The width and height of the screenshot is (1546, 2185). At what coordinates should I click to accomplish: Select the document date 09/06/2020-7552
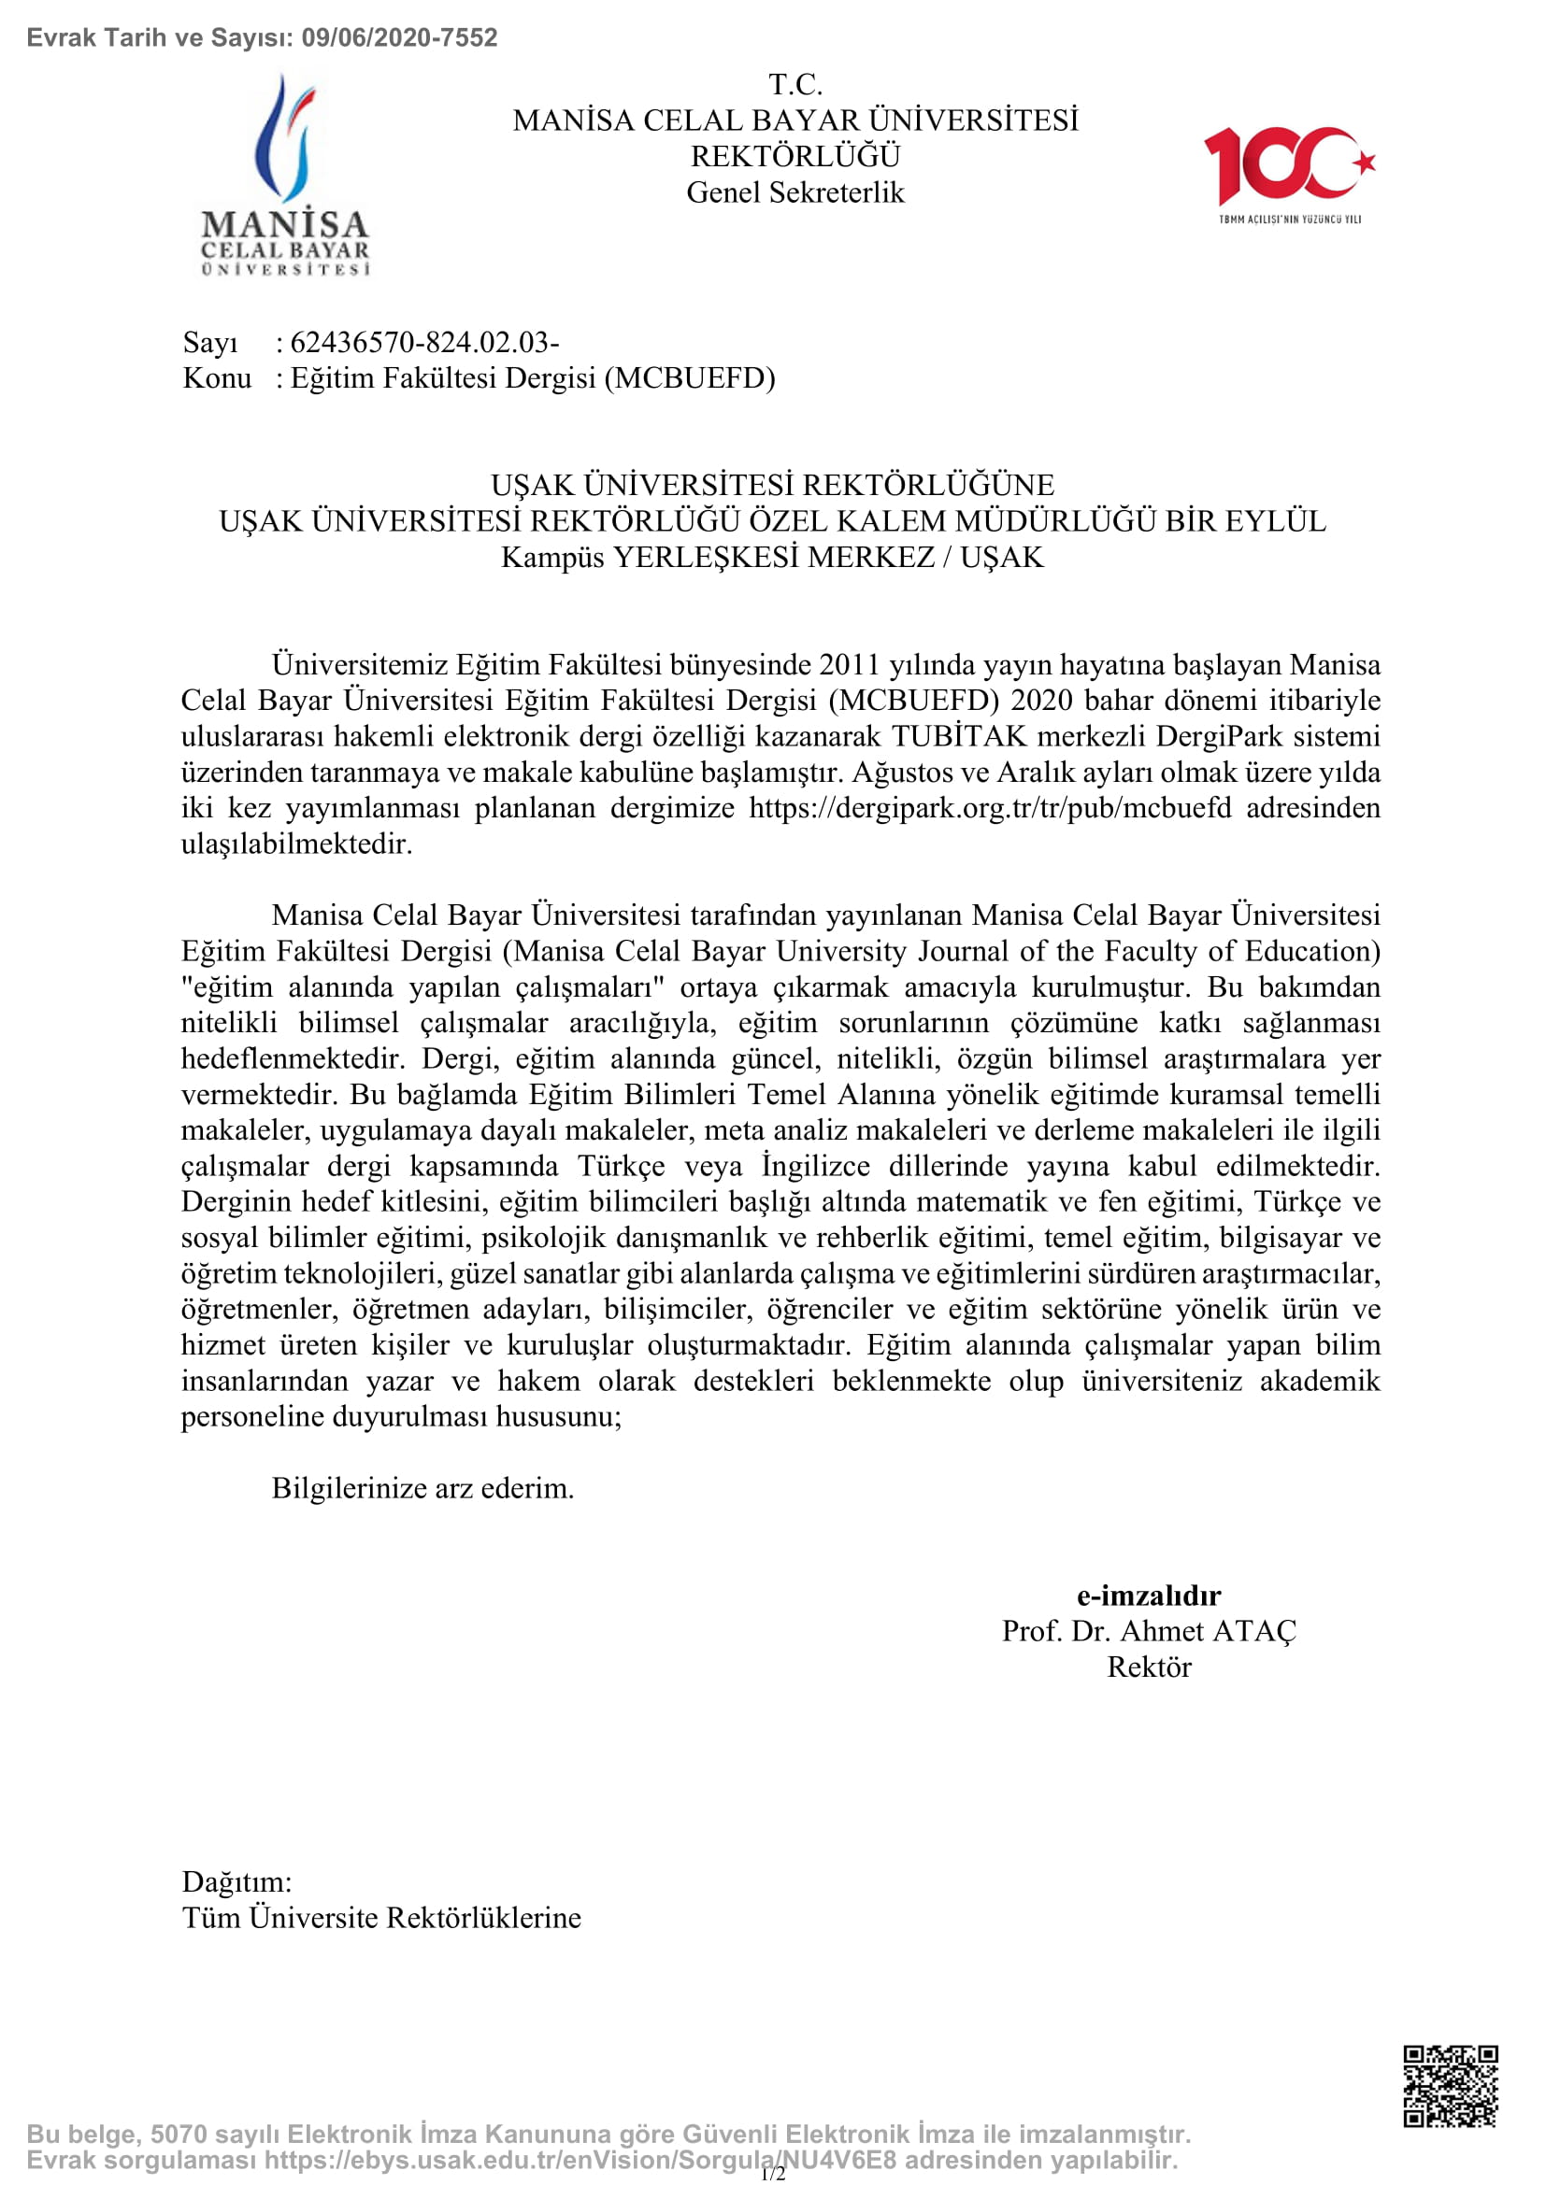click(399, 38)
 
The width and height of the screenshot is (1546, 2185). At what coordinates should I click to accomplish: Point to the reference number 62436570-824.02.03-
click(424, 342)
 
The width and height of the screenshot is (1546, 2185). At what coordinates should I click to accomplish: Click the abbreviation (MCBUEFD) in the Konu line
click(694, 377)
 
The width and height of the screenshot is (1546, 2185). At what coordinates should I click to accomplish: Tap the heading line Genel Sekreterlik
click(794, 192)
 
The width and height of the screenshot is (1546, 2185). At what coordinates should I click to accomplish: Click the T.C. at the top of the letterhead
click(794, 85)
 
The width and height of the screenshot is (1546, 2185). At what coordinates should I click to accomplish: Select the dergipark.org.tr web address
click(990, 808)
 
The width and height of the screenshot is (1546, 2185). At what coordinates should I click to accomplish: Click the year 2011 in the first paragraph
click(849, 664)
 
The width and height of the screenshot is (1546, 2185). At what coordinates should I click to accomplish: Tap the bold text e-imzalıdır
click(1148, 1595)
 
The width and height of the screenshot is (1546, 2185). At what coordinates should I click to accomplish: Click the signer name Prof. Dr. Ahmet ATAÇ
click(1148, 1631)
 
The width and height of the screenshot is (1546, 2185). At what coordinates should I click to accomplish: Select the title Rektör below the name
click(1148, 1667)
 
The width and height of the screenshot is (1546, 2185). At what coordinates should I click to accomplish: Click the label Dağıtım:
click(237, 1881)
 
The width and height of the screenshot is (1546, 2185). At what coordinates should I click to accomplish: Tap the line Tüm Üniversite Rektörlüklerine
click(381, 1918)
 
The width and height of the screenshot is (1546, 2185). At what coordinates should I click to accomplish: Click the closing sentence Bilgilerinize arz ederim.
click(422, 1487)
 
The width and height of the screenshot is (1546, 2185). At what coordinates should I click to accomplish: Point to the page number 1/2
click(773, 2174)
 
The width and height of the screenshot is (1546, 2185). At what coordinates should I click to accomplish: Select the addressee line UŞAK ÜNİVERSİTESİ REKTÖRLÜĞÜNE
click(772, 486)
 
